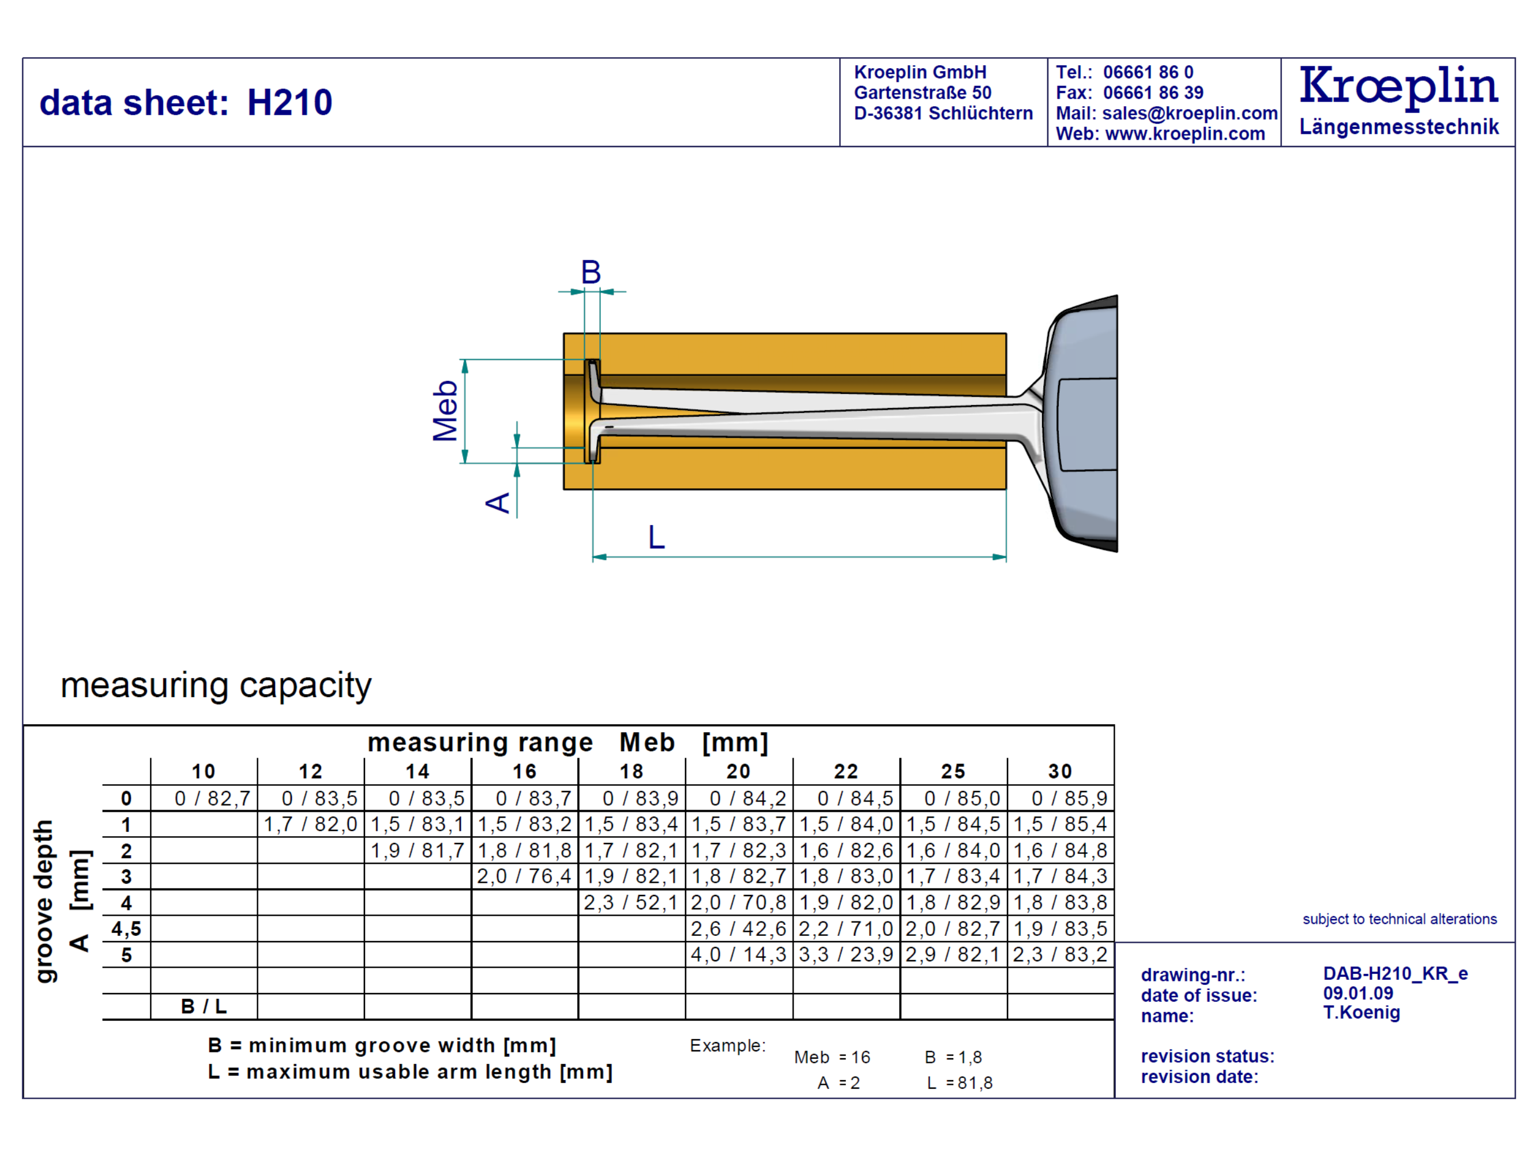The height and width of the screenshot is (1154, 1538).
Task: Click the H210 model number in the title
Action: [289, 103]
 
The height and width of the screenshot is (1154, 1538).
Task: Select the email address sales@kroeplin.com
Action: [1190, 114]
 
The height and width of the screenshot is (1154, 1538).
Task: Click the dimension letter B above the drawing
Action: [591, 272]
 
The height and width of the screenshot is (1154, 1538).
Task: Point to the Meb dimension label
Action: [445, 410]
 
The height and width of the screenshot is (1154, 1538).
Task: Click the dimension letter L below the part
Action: [656, 538]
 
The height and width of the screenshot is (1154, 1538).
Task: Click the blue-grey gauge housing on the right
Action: [1085, 424]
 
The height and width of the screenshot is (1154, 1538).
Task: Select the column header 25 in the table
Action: [953, 771]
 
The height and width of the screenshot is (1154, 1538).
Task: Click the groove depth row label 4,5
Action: [126, 928]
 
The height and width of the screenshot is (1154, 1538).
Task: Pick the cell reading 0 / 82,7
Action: [212, 799]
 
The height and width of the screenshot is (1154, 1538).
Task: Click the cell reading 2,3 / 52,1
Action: [631, 903]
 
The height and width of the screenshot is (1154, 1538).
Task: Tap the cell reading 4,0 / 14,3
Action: [738, 955]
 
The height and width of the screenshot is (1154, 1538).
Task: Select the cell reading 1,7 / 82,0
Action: [310, 825]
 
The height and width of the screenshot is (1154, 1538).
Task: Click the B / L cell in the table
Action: [204, 1006]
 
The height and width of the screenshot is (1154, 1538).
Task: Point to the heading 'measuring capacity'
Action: [216, 686]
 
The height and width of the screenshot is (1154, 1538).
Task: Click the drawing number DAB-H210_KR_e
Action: [1395, 974]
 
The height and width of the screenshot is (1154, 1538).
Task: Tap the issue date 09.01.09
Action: [1357, 994]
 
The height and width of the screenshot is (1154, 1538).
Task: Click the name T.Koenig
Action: [1361, 1013]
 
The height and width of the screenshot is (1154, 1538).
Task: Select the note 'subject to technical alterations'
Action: [1399, 920]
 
